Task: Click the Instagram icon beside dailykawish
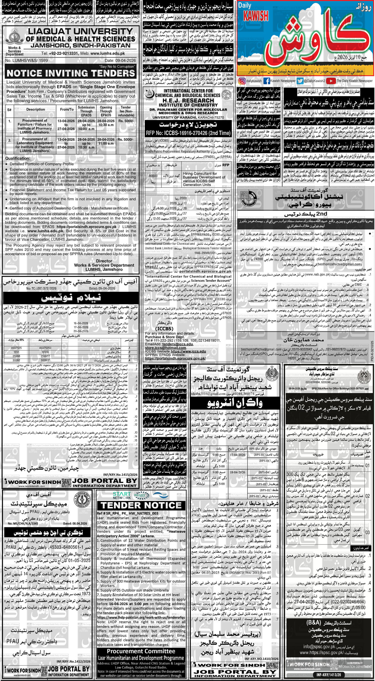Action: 242,81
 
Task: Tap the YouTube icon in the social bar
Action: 330,81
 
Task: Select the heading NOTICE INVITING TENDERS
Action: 71,73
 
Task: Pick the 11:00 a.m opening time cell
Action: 106,143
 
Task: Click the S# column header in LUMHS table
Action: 10,110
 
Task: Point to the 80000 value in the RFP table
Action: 153,176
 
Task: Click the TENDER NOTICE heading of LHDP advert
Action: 141,505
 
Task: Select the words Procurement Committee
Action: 141,651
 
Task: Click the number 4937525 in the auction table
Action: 17,348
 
